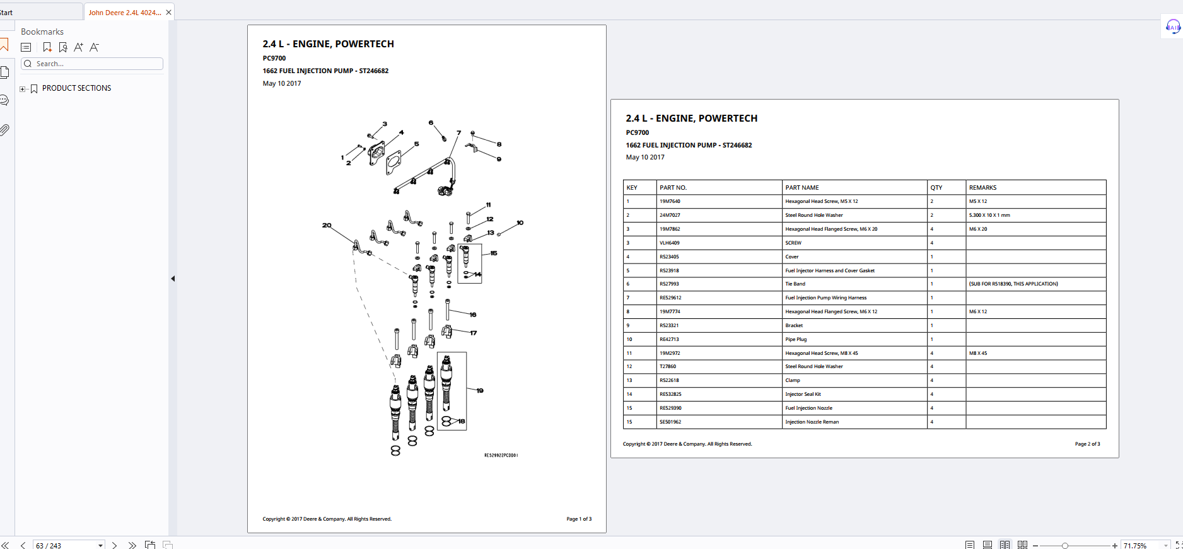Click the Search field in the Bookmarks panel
click(92, 64)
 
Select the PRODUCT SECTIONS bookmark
click(76, 88)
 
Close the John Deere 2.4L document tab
click(168, 13)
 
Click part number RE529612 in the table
click(670, 298)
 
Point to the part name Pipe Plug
click(796, 339)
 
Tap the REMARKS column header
click(982, 188)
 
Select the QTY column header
click(936, 188)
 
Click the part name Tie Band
click(795, 284)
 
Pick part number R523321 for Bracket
click(669, 325)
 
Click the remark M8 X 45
click(978, 353)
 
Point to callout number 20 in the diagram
click(327, 225)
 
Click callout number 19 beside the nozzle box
click(480, 391)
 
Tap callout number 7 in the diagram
click(458, 133)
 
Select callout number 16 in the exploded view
click(473, 315)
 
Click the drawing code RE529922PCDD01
click(501, 455)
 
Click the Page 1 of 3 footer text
click(579, 519)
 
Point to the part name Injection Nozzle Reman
click(812, 422)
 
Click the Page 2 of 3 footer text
click(1088, 444)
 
